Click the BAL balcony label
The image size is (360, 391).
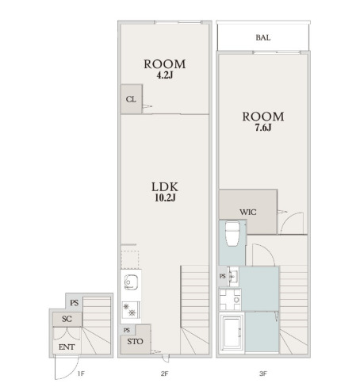click(x=263, y=37)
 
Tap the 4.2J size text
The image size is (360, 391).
click(x=165, y=75)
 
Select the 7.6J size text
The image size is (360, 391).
click(x=263, y=128)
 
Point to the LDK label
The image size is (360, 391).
click(x=165, y=187)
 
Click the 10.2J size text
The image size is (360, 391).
click(x=165, y=197)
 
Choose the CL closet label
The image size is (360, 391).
click(x=131, y=99)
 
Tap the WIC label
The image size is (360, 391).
click(x=248, y=212)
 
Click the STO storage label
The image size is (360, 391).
click(x=135, y=342)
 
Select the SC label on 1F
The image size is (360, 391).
click(x=67, y=319)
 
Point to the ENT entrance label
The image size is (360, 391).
click(x=67, y=347)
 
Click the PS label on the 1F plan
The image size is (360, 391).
click(x=75, y=303)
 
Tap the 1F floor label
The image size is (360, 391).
click(x=81, y=374)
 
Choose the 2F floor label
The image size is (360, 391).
click(x=164, y=374)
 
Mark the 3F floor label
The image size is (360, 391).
click(x=263, y=374)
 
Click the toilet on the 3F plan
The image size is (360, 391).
click(x=232, y=234)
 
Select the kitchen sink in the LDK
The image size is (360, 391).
click(x=131, y=282)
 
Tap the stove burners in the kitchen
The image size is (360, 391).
click(x=129, y=310)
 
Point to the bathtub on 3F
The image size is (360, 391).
click(x=232, y=332)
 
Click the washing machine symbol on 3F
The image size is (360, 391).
click(x=230, y=300)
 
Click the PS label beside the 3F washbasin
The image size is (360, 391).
click(x=223, y=276)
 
